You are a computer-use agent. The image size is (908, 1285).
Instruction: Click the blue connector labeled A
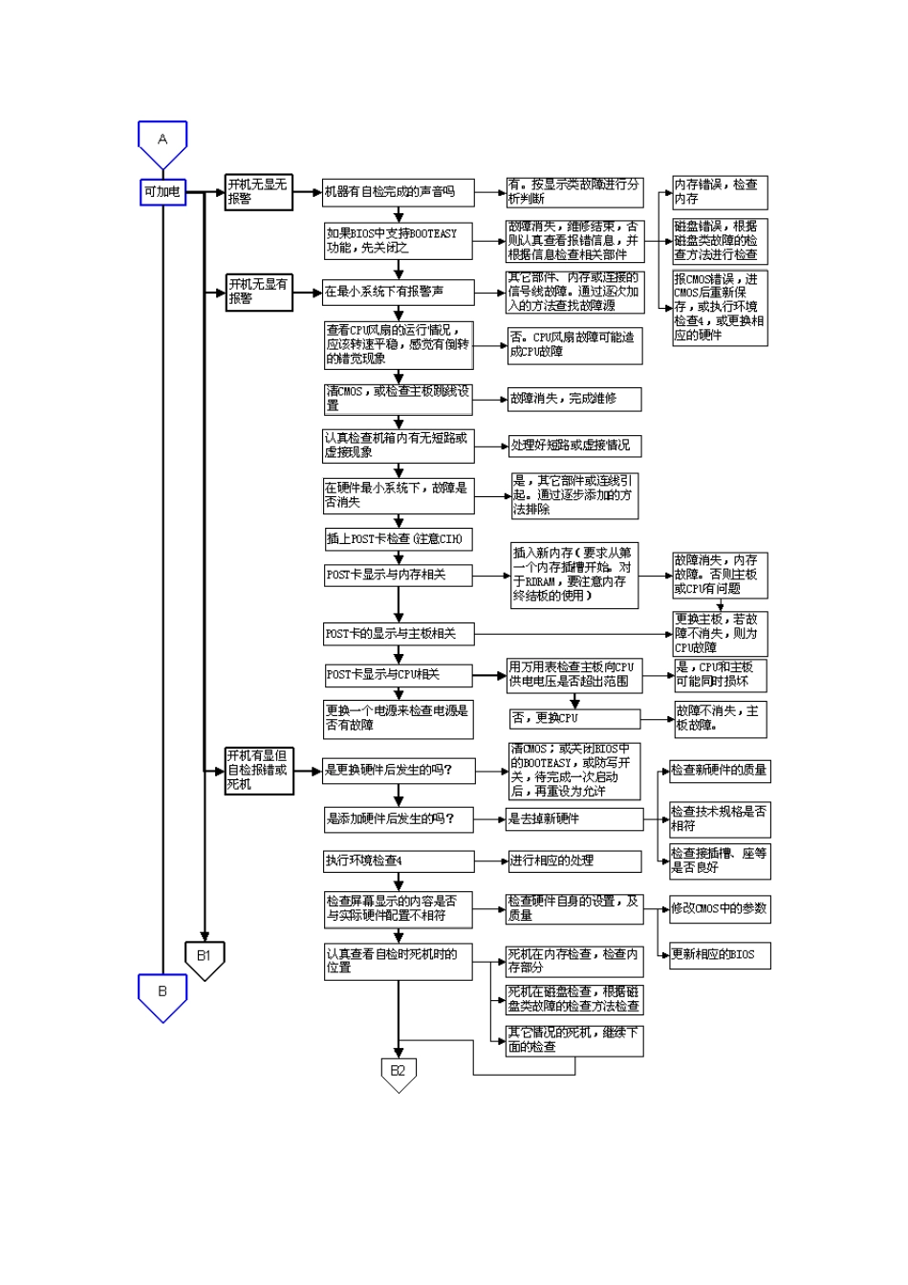(162, 142)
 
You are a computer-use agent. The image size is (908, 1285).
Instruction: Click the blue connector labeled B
(162, 994)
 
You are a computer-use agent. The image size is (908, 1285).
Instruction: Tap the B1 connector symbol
(205, 957)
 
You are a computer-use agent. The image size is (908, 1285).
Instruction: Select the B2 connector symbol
(398, 1073)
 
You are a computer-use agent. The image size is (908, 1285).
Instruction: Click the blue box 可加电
(162, 192)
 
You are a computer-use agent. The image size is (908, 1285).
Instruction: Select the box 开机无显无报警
(258, 192)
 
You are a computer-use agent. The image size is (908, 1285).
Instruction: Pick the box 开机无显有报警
(258, 292)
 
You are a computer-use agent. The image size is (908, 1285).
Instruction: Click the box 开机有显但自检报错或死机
(258, 770)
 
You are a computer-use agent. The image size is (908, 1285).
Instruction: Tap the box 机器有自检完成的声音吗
(398, 192)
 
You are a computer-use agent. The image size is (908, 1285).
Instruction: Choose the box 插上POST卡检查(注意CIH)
(398, 539)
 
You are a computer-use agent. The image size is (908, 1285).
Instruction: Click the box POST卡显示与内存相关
(398, 576)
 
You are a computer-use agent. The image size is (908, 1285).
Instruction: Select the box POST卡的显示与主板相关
(398, 634)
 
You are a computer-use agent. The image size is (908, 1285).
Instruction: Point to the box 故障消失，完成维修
(573, 399)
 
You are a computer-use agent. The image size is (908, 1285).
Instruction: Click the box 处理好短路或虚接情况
(573, 446)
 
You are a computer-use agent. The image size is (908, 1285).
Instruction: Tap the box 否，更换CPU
(573, 718)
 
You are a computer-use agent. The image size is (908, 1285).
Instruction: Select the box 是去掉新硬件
(573, 819)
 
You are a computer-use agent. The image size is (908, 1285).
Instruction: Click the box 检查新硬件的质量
(719, 771)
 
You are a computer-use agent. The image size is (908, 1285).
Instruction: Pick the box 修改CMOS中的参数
(719, 909)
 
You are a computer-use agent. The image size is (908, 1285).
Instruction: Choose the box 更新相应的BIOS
(719, 954)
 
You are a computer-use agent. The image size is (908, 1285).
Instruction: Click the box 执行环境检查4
(398, 861)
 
